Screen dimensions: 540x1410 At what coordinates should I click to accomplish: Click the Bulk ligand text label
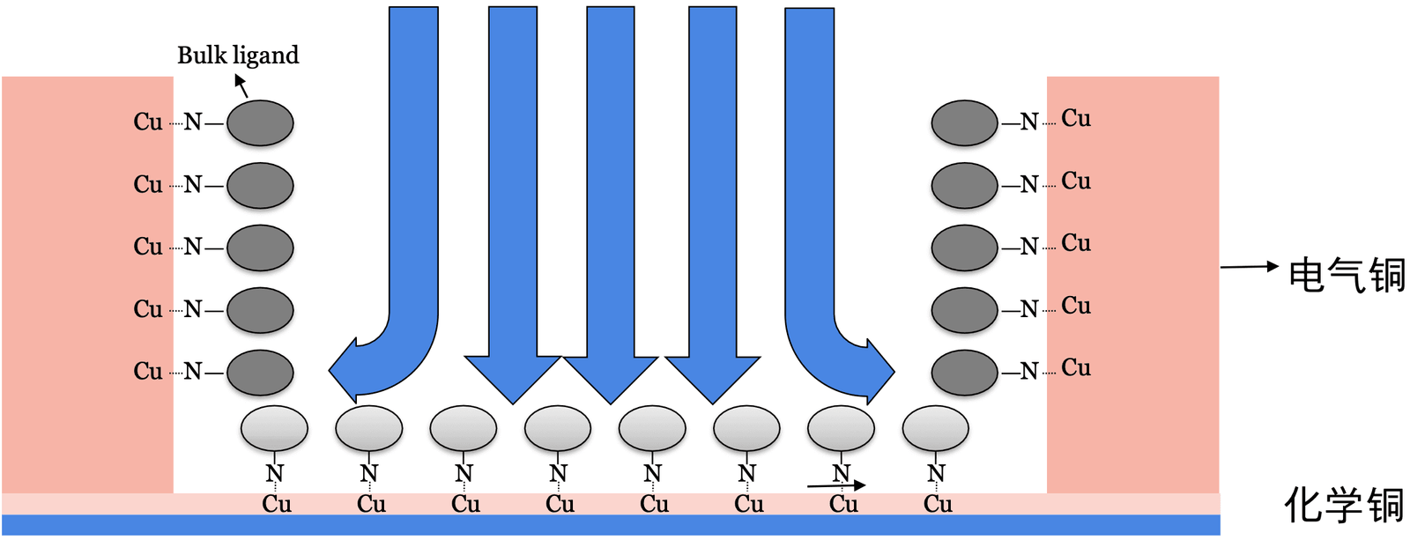point(238,55)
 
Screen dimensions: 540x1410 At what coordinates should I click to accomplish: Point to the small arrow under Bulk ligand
point(241,85)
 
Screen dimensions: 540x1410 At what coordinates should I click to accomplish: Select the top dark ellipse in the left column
point(260,122)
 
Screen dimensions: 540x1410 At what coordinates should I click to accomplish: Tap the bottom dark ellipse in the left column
point(260,372)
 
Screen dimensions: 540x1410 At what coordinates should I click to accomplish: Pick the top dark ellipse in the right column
point(964,122)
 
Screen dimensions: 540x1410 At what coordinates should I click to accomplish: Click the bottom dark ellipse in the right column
point(964,372)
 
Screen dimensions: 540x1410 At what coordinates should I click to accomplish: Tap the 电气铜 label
point(1346,275)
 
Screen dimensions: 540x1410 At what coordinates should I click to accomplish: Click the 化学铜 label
point(1343,506)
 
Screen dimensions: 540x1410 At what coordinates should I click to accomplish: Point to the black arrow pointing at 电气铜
point(1249,266)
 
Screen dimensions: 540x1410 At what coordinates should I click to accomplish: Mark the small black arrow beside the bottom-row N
point(836,485)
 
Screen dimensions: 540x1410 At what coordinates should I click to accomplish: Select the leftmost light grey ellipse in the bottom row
point(274,429)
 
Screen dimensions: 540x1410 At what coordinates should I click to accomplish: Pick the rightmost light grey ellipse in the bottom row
point(935,429)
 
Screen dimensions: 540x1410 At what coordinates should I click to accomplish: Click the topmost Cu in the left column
point(148,122)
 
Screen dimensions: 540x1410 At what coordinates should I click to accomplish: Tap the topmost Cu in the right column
point(1076,118)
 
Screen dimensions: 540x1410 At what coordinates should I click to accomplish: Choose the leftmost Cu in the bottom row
point(276,504)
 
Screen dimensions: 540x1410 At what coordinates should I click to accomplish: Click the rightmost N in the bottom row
point(936,474)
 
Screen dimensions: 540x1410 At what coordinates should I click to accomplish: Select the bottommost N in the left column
point(193,372)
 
